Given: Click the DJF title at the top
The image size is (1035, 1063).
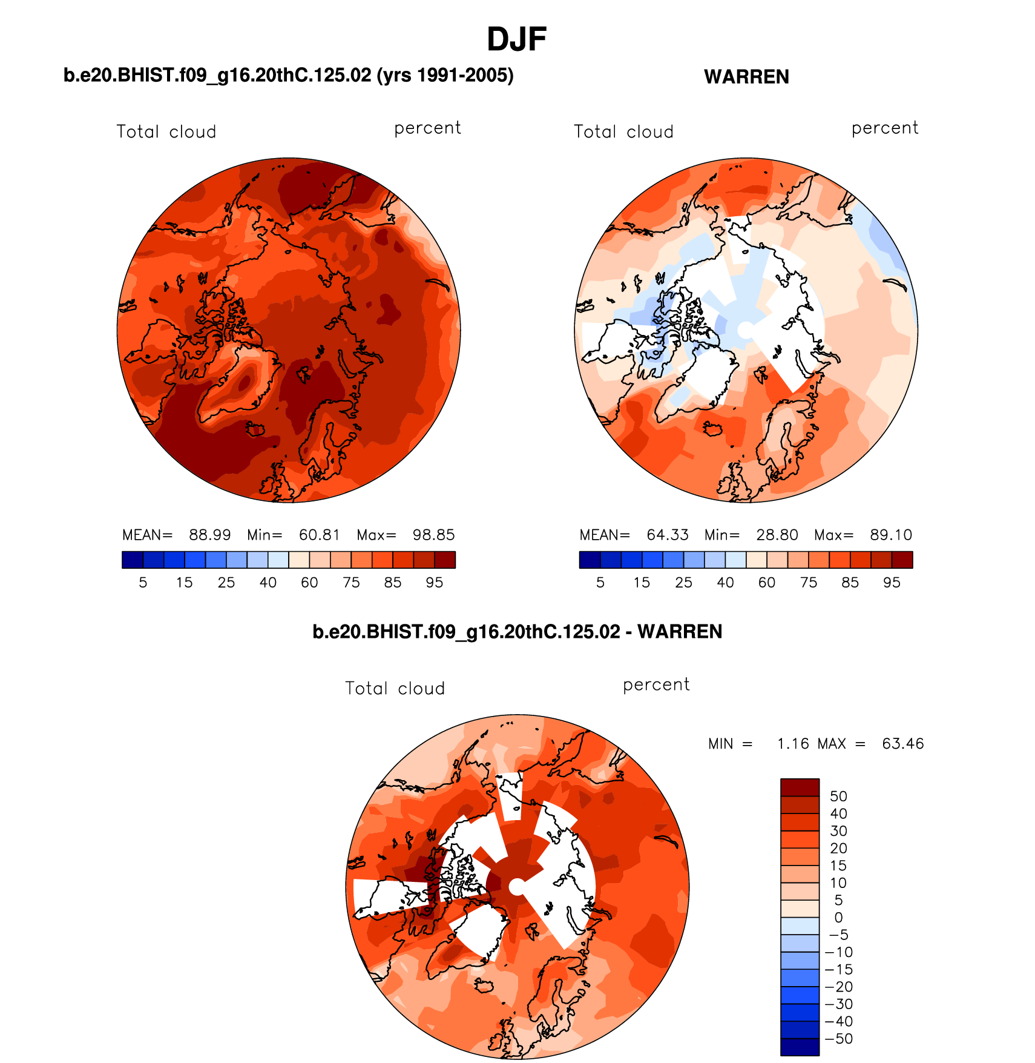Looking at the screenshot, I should (516, 39).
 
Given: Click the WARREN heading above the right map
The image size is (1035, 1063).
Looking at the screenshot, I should (746, 77).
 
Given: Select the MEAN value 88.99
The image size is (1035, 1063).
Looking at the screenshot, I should (209, 535).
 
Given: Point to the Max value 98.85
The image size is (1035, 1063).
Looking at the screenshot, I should (433, 535).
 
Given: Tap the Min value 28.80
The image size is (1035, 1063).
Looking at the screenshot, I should (777, 535).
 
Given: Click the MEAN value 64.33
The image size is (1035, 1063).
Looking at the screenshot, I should (667, 535).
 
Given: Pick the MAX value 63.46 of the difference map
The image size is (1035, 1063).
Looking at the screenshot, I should (902, 744).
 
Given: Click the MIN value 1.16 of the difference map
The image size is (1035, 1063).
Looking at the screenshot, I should (793, 744).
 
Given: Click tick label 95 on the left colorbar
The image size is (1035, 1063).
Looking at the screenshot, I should (434, 583).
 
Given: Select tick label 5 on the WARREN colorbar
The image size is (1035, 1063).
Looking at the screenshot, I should (600, 583).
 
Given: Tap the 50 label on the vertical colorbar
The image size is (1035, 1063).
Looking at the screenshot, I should (838, 796).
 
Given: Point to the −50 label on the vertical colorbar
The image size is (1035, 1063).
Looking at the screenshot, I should (838, 1039).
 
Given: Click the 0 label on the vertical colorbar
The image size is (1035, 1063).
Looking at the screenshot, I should (838, 918).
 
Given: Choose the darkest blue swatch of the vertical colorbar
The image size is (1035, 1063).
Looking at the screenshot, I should (800, 1047).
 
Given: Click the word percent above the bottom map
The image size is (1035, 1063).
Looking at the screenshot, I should (656, 685).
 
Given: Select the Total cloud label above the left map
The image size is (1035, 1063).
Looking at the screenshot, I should (166, 132).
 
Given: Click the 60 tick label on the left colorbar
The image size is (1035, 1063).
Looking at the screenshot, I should (309, 583).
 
